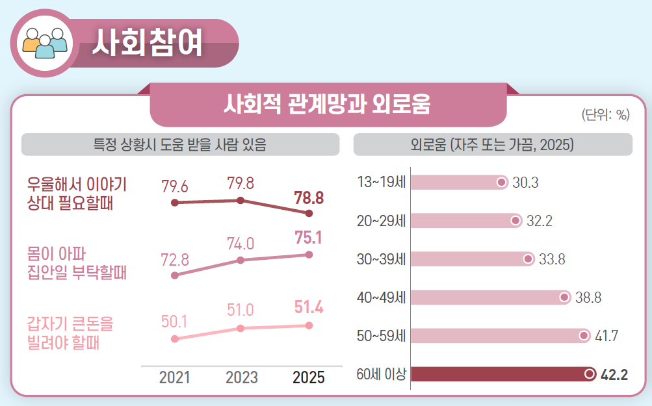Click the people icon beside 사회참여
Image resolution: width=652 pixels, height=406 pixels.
(44, 43)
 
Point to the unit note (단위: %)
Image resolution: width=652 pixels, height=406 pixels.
(605, 115)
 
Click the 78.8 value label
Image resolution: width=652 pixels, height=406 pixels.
(309, 197)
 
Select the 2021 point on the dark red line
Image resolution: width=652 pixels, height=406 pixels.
(174, 203)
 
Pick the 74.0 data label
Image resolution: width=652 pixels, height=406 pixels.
(241, 244)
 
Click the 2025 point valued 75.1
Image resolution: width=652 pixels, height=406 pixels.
(309, 255)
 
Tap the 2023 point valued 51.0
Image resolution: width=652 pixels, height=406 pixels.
(241, 328)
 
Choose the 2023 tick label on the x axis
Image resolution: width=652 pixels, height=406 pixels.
(241, 377)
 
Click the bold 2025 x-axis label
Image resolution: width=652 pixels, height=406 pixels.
(308, 377)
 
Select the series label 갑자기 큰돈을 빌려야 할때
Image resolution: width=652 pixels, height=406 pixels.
(70, 332)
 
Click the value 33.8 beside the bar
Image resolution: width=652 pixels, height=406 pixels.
(552, 260)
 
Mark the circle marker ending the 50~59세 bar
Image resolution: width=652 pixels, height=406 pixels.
(583, 336)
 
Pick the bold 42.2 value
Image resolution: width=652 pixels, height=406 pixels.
(614, 374)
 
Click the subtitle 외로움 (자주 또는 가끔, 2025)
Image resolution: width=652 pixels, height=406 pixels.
(492, 144)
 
